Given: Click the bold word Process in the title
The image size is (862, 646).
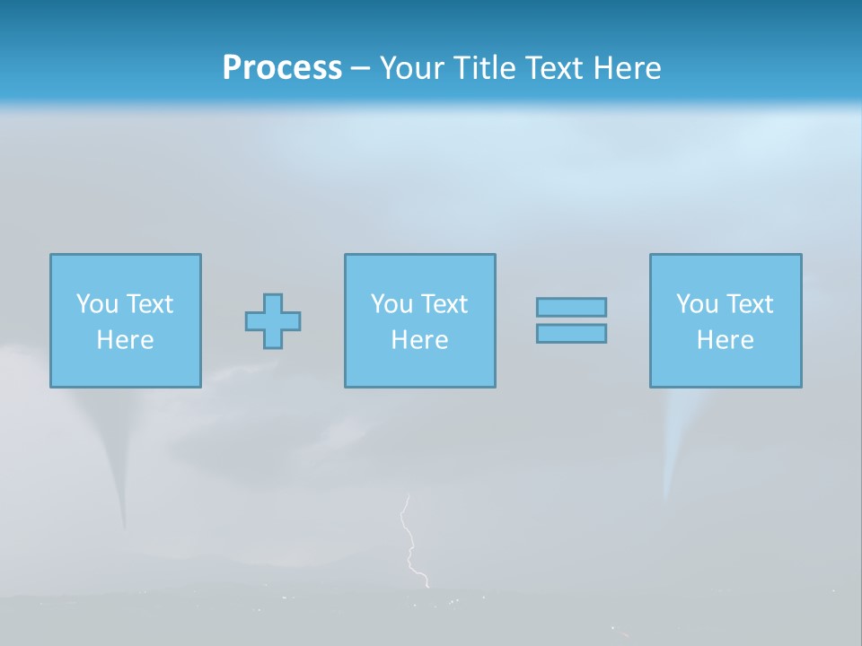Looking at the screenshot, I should pos(282,68).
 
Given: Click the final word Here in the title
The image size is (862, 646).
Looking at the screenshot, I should pos(629,68).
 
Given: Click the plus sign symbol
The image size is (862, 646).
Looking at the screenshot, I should pos(273,321).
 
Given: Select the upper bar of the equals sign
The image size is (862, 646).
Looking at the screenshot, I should pos(571,307).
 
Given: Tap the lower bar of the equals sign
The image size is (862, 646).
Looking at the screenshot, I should pos(571,334).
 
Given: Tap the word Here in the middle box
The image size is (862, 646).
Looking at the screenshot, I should pos(420,340).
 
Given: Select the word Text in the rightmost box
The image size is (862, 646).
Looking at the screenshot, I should pos(750,304).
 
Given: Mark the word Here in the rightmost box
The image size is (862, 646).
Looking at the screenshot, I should pos(726,340).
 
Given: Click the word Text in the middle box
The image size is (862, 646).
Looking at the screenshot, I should pos(444,304).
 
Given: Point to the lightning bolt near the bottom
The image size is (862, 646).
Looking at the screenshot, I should pos(410,543).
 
